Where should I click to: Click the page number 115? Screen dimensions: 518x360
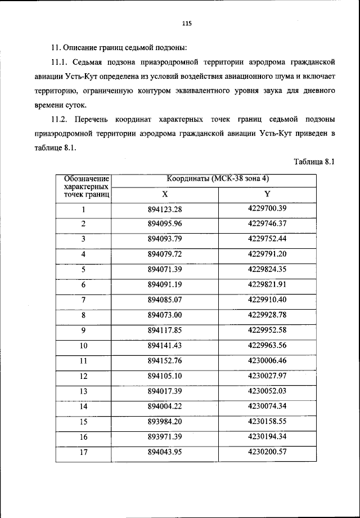pos(187,23)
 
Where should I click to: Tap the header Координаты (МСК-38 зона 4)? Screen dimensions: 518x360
pos(218,179)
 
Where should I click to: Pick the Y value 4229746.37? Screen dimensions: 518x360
pos(267,224)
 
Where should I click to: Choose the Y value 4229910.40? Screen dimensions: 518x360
pos(267,299)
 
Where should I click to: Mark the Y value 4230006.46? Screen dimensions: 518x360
pos(267,360)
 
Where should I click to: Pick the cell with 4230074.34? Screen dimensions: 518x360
pos(267,405)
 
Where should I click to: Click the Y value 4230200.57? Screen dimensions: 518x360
pos(267,451)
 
